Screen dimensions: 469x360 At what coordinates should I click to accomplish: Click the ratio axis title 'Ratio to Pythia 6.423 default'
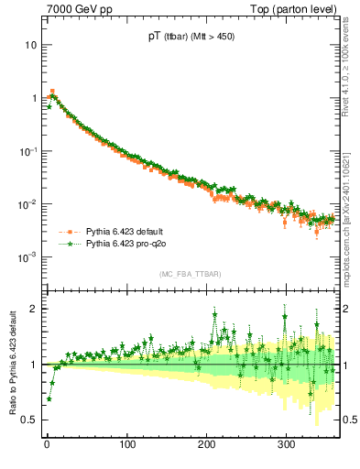11,362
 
